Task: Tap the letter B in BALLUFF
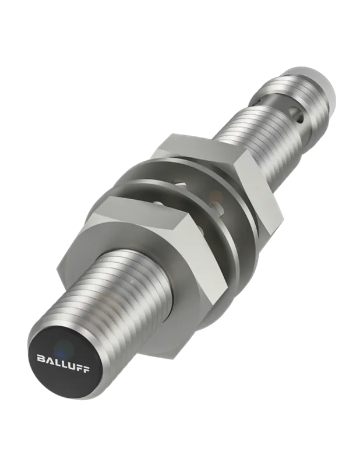coord(41,358)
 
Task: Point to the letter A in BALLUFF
coord(49,359)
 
